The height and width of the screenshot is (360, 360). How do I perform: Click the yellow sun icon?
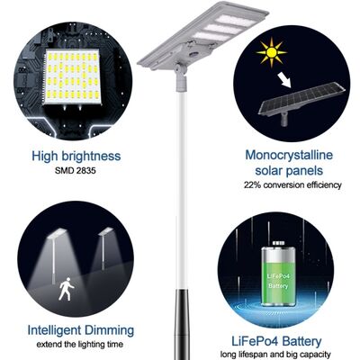pyautogui.click(x=270, y=53)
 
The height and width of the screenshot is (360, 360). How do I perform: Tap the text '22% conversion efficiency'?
pyautogui.click(x=292, y=184)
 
